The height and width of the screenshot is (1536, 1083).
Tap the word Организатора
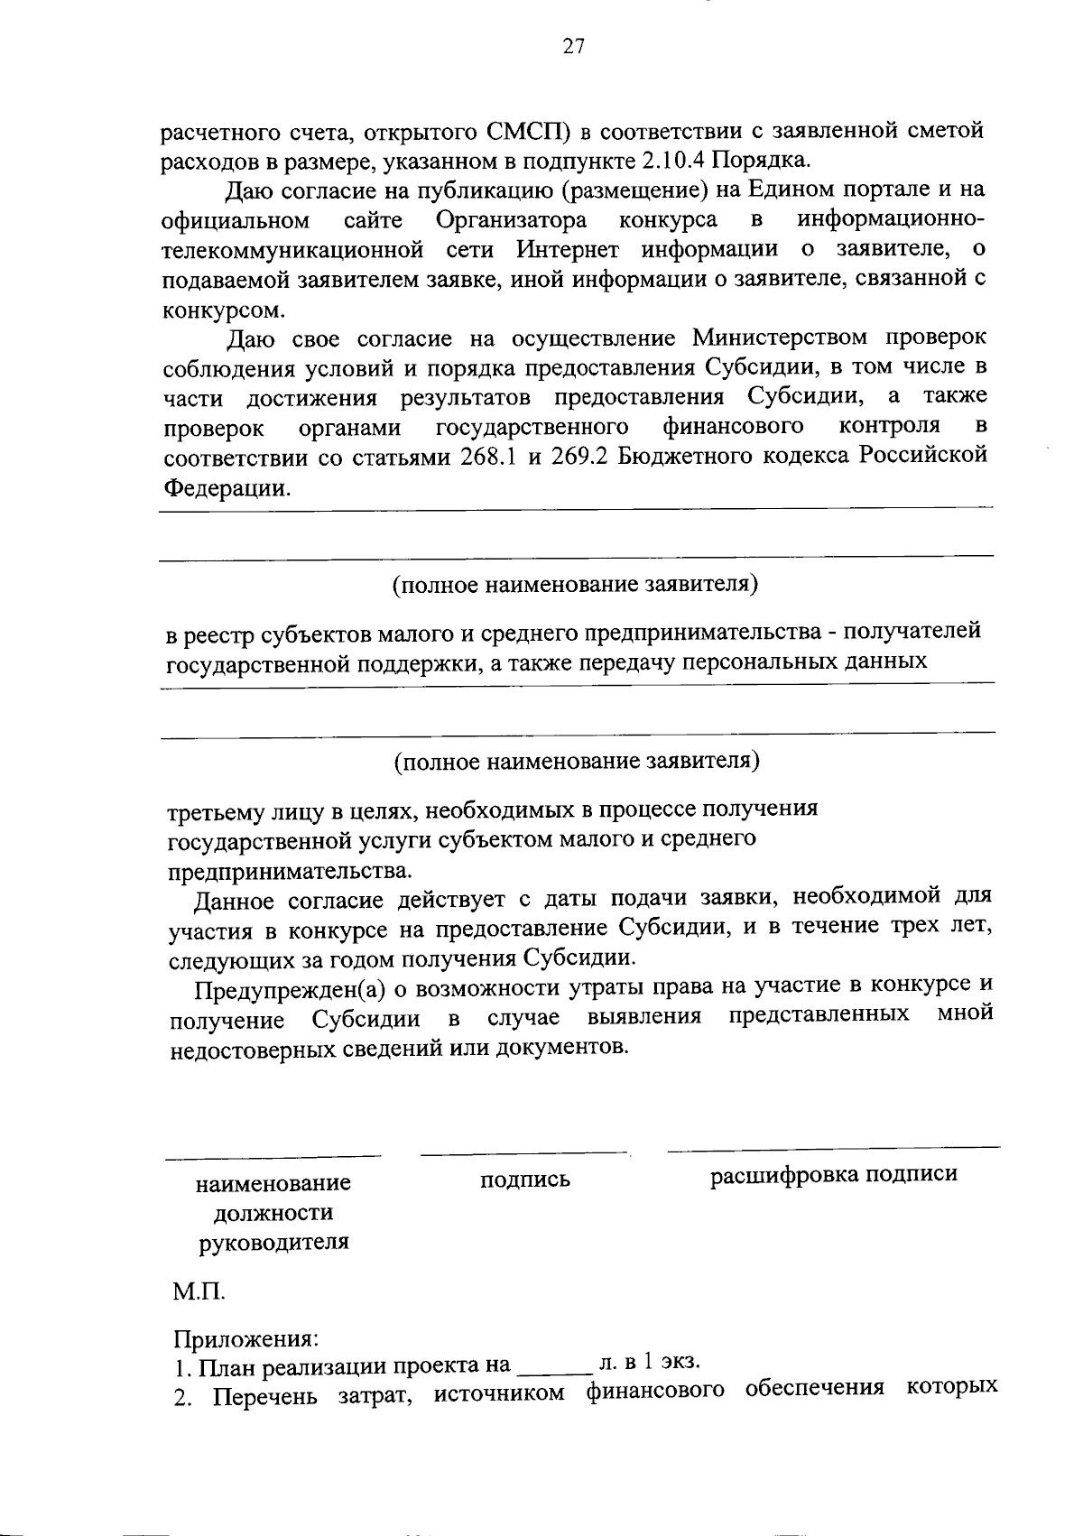click(511, 219)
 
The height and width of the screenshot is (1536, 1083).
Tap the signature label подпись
click(525, 1180)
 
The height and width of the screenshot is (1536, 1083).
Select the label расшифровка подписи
click(833, 1174)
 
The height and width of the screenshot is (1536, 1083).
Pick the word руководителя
click(273, 1242)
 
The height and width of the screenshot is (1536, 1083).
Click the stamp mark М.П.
click(199, 1292)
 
